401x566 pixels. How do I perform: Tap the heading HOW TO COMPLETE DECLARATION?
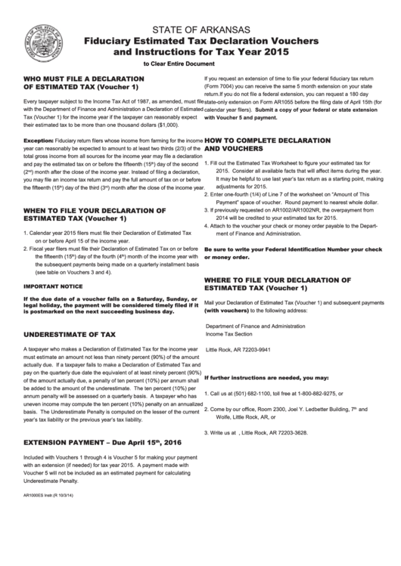pos(269,141)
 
